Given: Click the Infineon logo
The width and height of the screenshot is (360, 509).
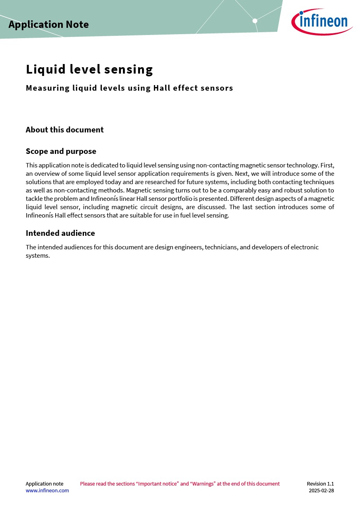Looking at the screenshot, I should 322,21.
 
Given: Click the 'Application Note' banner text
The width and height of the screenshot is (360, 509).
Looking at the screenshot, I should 49,25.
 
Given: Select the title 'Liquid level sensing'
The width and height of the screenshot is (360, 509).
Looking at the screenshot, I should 89,70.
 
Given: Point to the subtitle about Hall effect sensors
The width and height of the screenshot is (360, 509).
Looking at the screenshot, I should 129,88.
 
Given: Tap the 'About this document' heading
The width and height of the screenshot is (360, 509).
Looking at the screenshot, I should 64,130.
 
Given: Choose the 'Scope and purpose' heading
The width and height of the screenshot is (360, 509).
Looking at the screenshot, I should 61,151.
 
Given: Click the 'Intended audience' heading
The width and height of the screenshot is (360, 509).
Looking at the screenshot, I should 60,233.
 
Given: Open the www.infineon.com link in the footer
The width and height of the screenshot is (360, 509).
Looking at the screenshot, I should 47,490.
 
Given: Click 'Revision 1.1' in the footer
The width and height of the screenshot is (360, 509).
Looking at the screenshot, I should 320,484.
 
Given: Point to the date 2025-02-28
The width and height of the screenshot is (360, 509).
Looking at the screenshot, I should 321,490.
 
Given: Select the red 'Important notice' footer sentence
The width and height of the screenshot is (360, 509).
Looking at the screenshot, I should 180,484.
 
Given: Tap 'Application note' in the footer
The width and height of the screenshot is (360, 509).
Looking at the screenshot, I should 44,484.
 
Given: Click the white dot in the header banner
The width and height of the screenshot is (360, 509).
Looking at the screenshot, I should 255,21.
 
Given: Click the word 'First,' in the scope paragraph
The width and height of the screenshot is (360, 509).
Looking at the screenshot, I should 327,165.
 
